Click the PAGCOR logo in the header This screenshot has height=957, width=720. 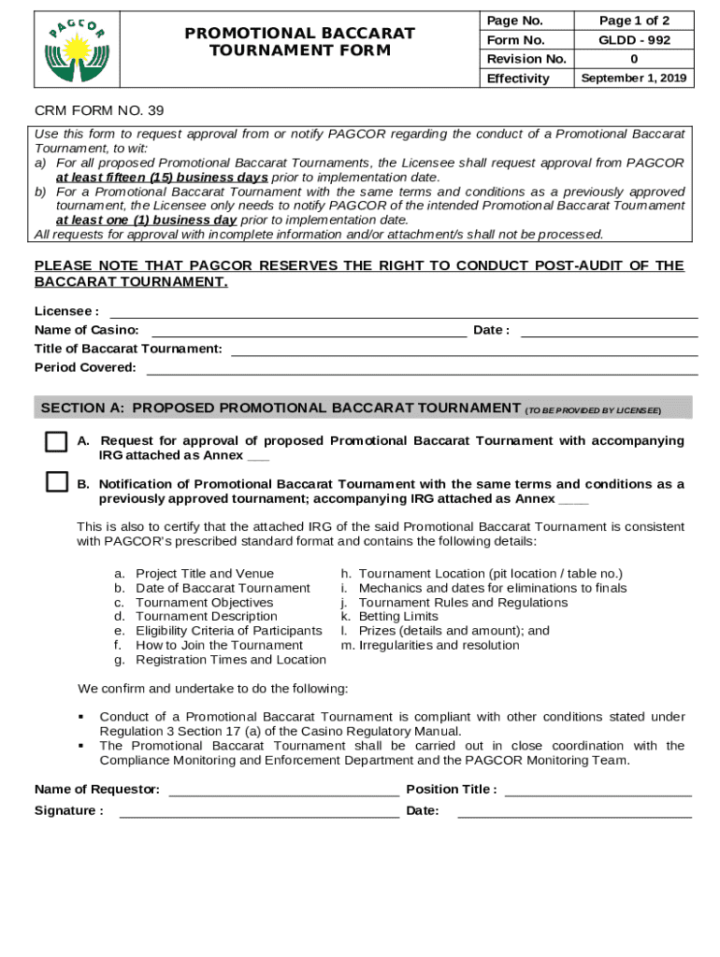[x=77, y=50]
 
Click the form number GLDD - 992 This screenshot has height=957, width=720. [x=634, y=40]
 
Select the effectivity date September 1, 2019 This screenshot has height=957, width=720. [x=634, y=79]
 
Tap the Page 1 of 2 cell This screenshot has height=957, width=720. [x=634, y=21]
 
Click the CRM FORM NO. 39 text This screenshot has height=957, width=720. [x=99, y=110]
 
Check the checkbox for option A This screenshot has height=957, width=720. [x=56, y=441]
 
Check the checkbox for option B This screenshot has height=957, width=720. [x=56, y=482]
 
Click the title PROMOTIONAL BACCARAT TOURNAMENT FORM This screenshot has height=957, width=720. [x=299, y=42]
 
